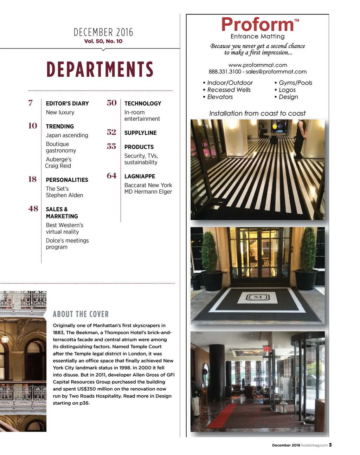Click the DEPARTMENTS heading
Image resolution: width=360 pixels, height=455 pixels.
pos(100,69)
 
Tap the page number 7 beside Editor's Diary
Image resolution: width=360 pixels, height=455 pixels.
pos(31,103)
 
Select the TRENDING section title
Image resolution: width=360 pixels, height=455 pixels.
pos(60,126)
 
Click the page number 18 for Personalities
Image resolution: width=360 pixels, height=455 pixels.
pos(32,180)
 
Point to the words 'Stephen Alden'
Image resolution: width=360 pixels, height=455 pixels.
pos(64,195)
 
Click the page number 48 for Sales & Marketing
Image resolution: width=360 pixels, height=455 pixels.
pos(33,209)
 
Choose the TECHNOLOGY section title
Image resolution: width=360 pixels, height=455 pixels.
pos(143,104)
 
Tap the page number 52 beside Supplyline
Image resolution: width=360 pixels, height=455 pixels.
pos(111,132)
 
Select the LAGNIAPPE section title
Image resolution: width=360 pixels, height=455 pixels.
pos(140,176)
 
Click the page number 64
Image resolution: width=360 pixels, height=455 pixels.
pos(111,176)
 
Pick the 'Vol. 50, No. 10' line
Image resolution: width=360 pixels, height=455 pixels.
pos(103,41)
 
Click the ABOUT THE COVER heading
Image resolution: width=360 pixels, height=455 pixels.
pos(81,314)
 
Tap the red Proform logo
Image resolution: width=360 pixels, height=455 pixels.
pos(258,25)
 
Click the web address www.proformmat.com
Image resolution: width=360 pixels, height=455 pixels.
pos(258,65)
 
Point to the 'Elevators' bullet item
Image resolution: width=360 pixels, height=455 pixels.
pos(220,97)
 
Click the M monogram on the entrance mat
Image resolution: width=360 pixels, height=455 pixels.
pos(258,298)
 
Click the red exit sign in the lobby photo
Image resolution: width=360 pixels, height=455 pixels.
pos(266,349)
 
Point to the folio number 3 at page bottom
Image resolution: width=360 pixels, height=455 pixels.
pos(330,445)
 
